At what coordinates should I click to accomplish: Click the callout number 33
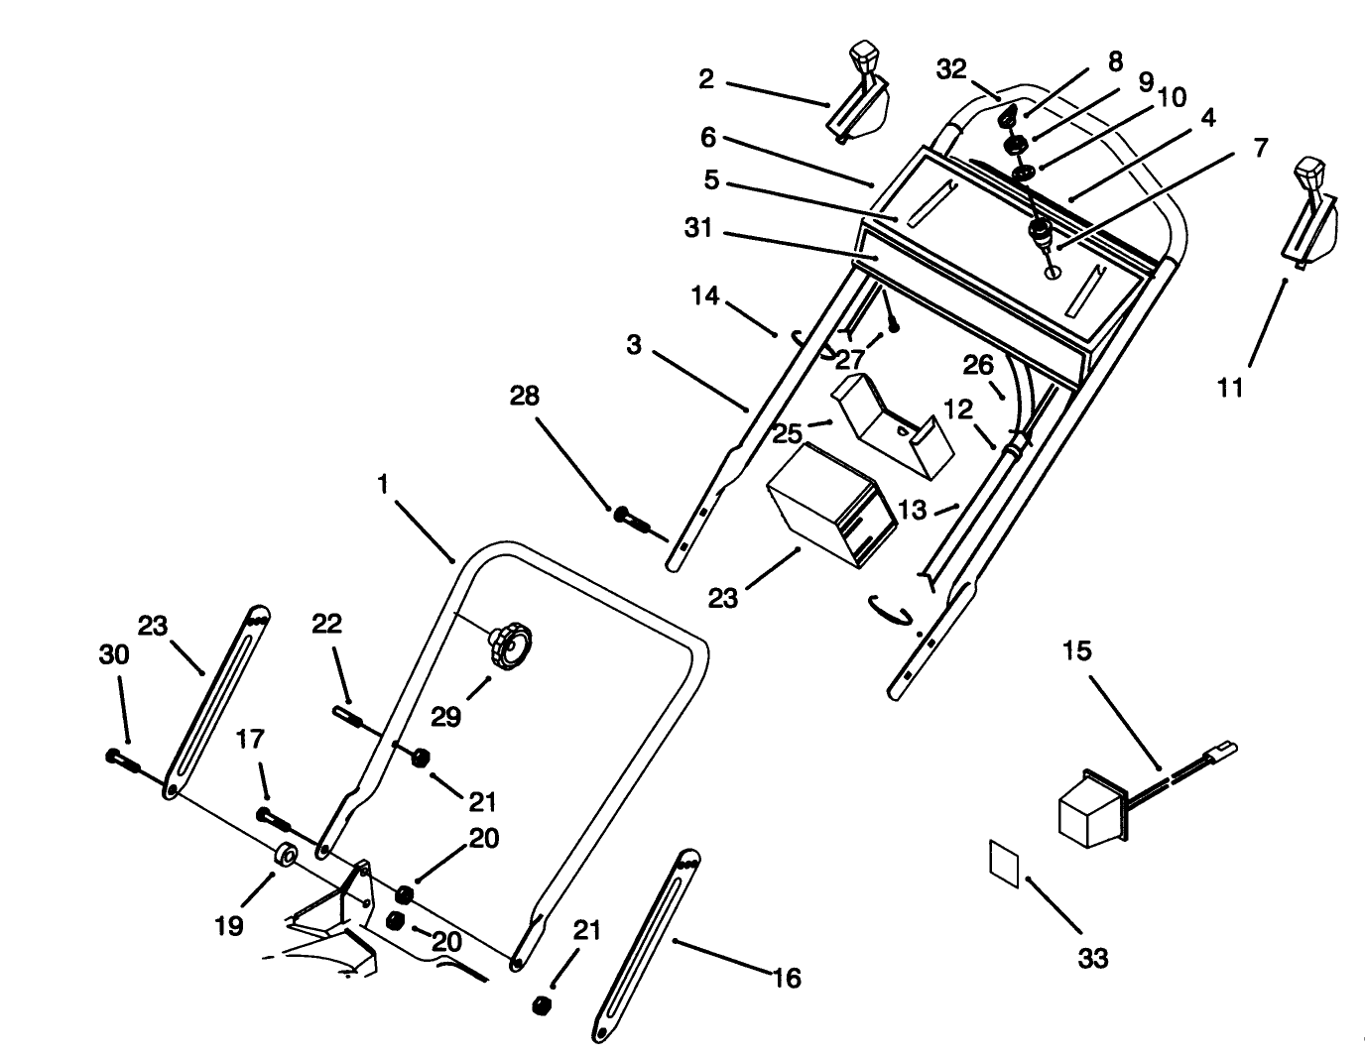1092,958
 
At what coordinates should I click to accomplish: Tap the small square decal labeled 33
1004,862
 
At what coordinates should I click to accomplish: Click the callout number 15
1076,651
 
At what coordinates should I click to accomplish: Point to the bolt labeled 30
120,758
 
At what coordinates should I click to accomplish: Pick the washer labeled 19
287,854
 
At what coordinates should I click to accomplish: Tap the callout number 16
786,979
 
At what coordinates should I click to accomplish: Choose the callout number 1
382,484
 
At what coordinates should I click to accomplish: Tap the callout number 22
326,624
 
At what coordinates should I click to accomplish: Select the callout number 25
787,434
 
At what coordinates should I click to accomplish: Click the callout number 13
911,510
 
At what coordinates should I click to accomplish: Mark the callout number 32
950,69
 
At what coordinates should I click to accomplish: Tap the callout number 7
1260,148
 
